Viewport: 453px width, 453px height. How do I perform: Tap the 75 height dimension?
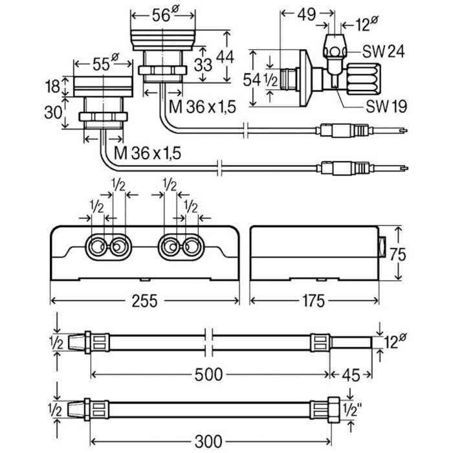[x=401, y=254]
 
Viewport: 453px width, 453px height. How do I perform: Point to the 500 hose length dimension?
[x=209, y=374]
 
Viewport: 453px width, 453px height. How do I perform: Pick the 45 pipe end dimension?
[x=350, y=374]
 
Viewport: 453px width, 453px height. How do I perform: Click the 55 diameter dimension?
[x=101, y=64]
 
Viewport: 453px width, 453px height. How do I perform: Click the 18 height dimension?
[x=56, y=85]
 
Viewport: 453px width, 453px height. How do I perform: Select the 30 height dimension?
[x=56, y=112]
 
